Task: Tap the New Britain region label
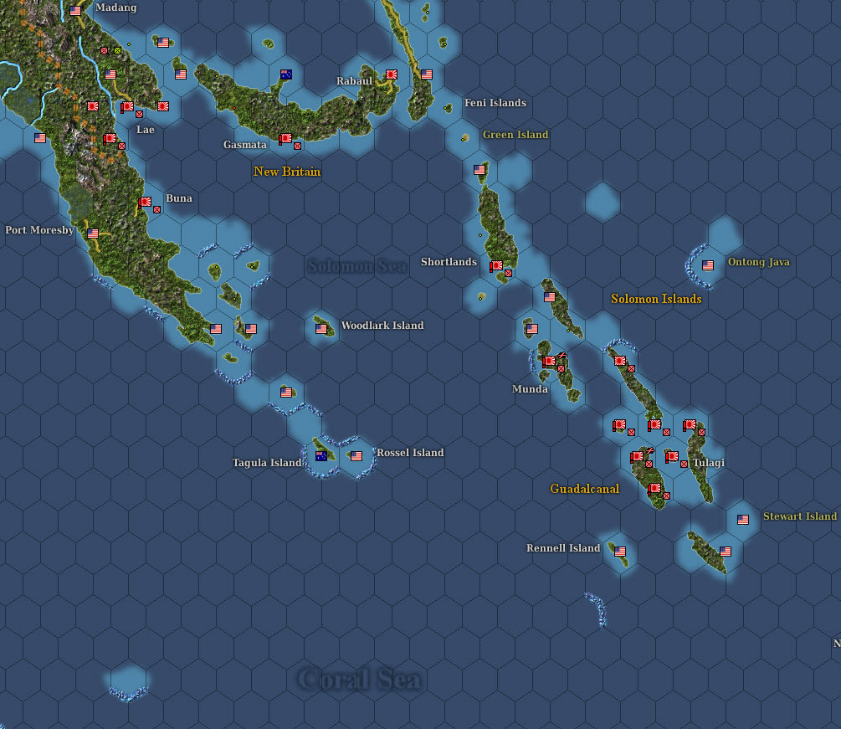point(287,172)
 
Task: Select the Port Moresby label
point(39,230)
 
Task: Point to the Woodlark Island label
point(382,326)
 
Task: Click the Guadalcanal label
point(585,489)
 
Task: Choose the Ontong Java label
point(758,262)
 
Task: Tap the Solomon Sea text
point(357,266)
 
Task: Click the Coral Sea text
point(360,678)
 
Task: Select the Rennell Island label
point(563,548)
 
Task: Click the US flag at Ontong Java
point(708,265)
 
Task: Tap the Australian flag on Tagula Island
point(321,456)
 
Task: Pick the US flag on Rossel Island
point(356,456)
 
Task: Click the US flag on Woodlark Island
point(321,329)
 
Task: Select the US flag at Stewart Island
point(743,520)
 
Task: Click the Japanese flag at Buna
point(145,202)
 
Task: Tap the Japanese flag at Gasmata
point(285,138)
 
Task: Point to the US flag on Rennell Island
point(620,552)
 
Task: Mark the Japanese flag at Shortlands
point(496,266)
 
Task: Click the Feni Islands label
point(495,103)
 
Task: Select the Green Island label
point(515,135)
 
